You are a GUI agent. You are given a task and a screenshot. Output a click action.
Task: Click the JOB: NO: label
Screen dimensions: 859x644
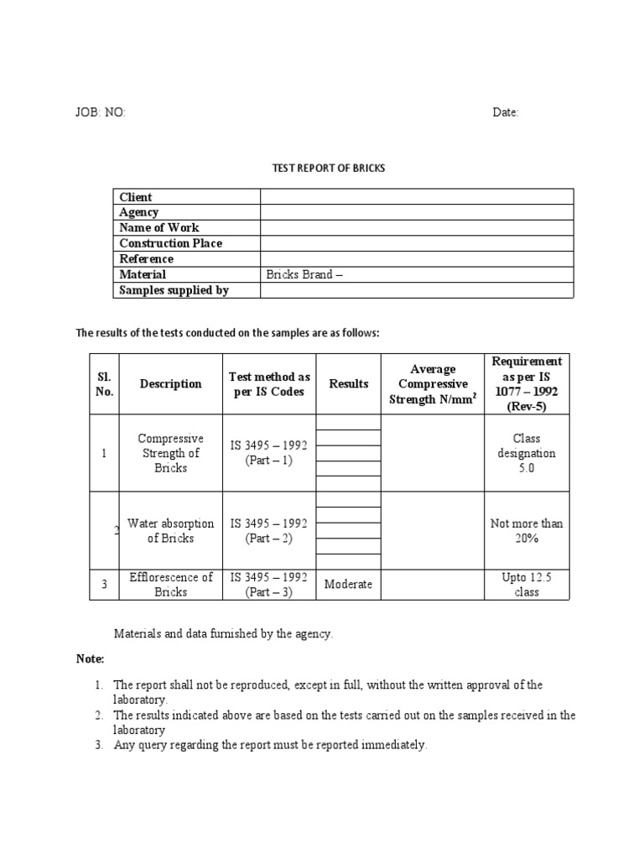pyautogui.click(x=101, y=113)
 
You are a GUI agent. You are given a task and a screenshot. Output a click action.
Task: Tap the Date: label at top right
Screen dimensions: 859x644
pyautogui.click(x=506, y=113)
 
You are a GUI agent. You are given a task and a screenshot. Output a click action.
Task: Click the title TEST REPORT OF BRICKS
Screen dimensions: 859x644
pyautogui.click(x=328, y=168)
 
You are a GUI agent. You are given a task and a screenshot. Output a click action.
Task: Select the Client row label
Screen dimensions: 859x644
pyautogui.click(x=136, y=197)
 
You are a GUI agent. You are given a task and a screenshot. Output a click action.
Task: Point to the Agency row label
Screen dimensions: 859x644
pyautogui.click(x=139, y=212)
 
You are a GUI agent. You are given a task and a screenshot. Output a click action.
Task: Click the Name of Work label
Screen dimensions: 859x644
pyautogui.click(x=159, y=227)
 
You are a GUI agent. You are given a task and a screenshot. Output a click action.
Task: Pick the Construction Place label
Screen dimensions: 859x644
pyautogui.click(x=171, y=243)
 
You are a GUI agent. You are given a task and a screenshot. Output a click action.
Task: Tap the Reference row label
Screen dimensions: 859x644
pyautogui.click(x=147, y=259)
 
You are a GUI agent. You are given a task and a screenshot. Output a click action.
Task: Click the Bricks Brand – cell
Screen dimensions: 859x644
pyautogui.click(x=304, y=274)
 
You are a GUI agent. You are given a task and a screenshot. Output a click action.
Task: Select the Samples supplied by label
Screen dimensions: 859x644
pyautogui.click(x=174, y=290)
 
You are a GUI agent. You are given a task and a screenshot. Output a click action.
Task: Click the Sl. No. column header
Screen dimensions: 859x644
pyautogui.click(x=104, y=383)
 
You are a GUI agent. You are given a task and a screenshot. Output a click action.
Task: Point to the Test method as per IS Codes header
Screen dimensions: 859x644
pyautogui.click(x=269, y=383)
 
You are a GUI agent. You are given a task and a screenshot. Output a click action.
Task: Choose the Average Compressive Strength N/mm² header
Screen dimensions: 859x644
pyautogui.click(x=433, y=383)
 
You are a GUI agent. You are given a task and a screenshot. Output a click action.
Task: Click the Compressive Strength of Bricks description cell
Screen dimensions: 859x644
pyautogui.click(x=170, y=453)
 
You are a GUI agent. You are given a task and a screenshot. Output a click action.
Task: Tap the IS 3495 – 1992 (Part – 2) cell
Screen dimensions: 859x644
pyautogui.click(x=269, y=531)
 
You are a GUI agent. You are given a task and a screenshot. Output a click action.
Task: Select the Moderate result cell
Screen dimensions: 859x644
pyautogui.click(x=348, y=584)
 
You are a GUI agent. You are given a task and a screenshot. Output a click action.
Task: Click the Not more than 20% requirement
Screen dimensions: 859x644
pyautogui.click(x=527, y=531)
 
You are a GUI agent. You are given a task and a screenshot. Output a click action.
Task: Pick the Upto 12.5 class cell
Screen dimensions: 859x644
pyautogui.click(x=527, y=584)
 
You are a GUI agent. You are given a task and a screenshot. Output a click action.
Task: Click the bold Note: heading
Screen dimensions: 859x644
pyautogui.click(x=91, y=659)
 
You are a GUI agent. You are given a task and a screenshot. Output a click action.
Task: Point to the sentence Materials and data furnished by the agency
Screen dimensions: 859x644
pyautogui.click(x=223, y=634)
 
